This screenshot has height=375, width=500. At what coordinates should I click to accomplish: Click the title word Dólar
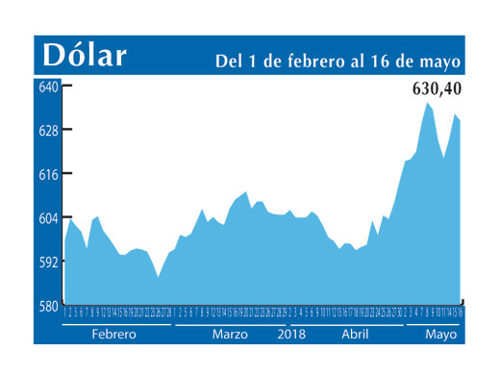(x=85, y=55)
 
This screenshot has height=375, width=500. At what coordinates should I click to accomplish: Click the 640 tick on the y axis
(x=48, y=87)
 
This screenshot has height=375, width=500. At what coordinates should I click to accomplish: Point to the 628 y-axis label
(x=48, y=130)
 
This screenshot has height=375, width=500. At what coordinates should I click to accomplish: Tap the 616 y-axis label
(x=48, y=174)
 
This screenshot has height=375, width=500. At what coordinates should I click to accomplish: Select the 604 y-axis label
(x=48, y=218)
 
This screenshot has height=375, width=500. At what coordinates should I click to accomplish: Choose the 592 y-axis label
(x=48, y=262)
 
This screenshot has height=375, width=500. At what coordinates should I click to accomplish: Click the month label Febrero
(x=113, y=335)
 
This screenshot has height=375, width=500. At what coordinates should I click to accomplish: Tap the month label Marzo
(x=230, y=335)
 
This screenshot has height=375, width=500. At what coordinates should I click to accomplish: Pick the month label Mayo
(x=440, y=335)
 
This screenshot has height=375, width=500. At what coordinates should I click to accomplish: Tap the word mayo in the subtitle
(x=440, y=62)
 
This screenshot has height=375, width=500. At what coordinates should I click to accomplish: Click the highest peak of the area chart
(x=427, y=102)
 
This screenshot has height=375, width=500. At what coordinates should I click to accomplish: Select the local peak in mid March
(x=246, y=192)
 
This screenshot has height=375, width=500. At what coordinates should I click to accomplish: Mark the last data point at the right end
(x=460, y=120)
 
